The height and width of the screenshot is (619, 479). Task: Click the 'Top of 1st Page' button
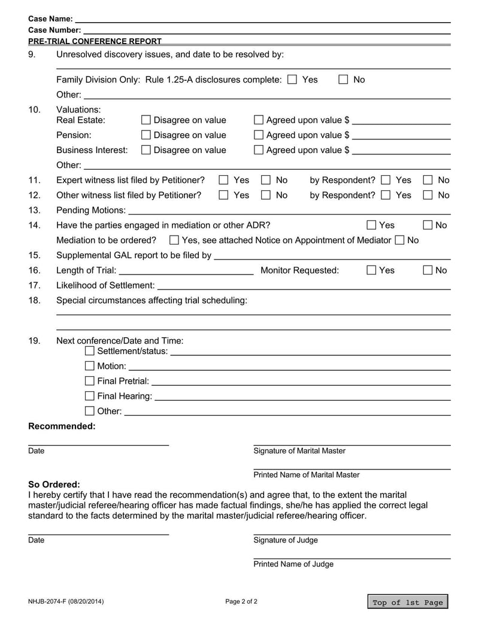point(408,602)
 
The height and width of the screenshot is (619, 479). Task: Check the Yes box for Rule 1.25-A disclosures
point(292,80)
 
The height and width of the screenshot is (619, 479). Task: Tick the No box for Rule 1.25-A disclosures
point(344,80)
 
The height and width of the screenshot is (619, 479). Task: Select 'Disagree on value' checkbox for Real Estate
point(145,120)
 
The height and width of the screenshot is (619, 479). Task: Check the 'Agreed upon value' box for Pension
point(259,135)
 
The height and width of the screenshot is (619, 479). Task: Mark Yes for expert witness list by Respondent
point(386,180)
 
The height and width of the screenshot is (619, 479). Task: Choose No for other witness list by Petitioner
point(266,195)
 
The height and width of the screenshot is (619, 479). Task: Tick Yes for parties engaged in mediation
point(371,225)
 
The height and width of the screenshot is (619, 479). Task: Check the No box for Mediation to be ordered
point(399,240)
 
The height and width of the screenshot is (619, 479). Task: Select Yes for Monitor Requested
point(371,270)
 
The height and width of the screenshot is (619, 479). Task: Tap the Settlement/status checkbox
point(90,350)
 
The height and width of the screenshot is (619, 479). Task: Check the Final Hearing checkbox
point(90,396)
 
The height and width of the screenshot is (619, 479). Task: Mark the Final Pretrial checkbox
point(90,381)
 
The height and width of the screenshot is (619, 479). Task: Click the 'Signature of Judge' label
point(286,540)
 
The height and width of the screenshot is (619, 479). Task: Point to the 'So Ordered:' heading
point(54,484)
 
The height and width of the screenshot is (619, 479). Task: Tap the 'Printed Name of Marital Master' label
point(307,475)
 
